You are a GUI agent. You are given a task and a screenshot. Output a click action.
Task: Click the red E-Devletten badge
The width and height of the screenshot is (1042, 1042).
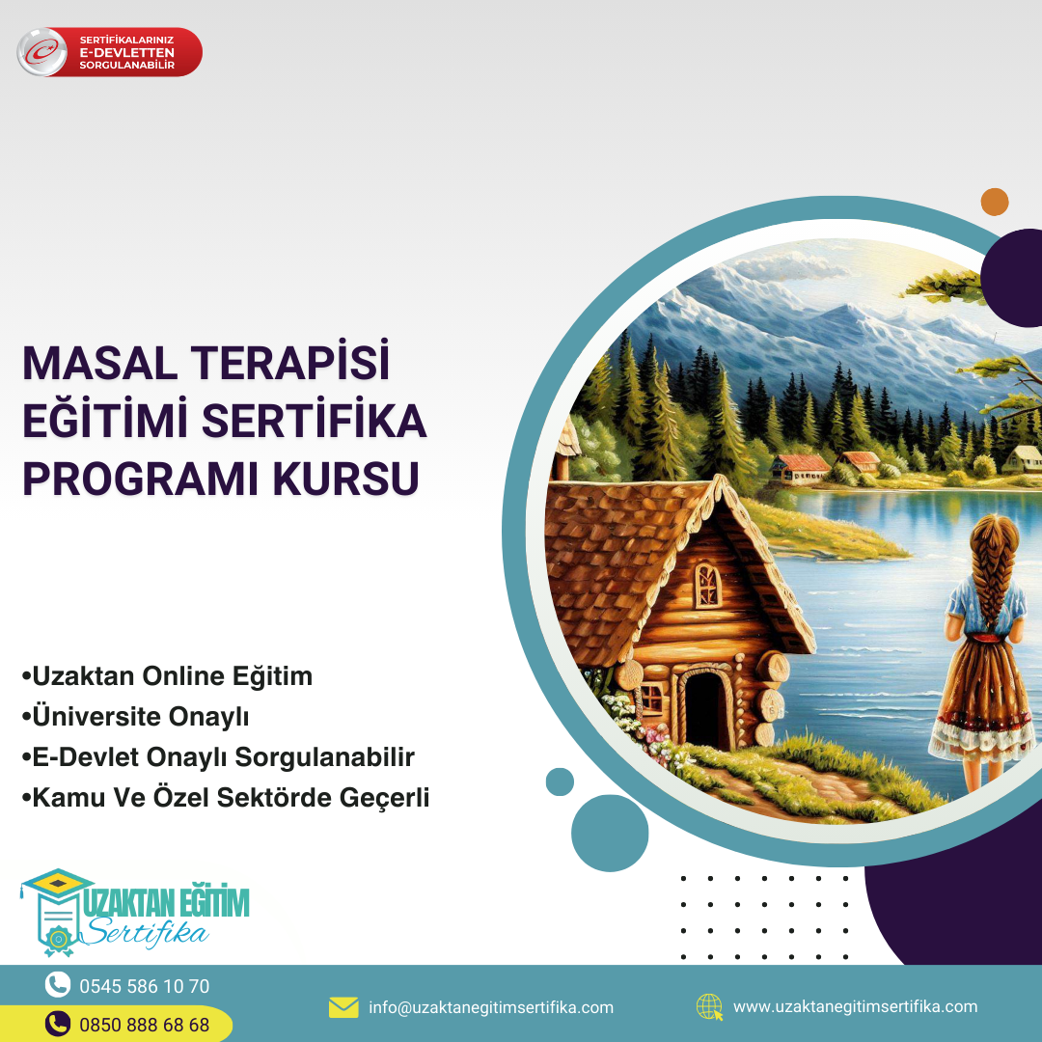[x=110, y=52]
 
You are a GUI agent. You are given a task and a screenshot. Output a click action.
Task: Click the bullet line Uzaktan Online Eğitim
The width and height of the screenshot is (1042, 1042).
[x=167, y=676]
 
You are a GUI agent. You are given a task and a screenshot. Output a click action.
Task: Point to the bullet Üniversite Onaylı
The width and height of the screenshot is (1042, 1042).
[x=136, y=716]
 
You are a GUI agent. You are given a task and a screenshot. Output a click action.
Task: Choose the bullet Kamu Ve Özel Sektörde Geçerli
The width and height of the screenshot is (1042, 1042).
[x=225, y=798]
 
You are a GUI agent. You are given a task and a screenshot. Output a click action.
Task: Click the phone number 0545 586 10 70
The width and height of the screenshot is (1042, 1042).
[x=144, y=986]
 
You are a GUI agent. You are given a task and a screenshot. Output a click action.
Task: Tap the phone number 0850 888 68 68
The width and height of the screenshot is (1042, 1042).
[x=144, y=1025]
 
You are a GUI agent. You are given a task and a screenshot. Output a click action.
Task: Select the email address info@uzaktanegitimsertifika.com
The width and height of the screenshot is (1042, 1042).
[x=491, y=1007]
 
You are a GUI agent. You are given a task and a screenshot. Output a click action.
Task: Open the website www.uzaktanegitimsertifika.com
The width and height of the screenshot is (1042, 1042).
[x=855, y=1006]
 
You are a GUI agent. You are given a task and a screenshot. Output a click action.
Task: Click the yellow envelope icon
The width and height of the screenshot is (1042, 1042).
[x=343, y=1007]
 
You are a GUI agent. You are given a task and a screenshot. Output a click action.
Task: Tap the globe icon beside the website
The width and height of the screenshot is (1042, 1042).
[x=710, y=1007]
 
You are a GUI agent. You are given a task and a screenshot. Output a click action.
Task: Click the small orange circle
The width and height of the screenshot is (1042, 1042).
[x=995, y=202]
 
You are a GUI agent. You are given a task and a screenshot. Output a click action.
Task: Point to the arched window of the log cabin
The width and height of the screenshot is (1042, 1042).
[x=707, y=586]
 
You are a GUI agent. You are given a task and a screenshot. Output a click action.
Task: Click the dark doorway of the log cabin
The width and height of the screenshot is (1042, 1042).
[x=703, y=710]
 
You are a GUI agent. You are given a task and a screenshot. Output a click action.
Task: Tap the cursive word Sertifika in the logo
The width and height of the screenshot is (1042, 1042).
[x=148, y=932]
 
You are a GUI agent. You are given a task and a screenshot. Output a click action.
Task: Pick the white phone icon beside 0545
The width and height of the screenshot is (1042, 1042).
[x=58, y=985]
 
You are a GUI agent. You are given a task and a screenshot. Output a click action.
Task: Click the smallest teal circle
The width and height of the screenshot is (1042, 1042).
[x=560, y=781]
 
